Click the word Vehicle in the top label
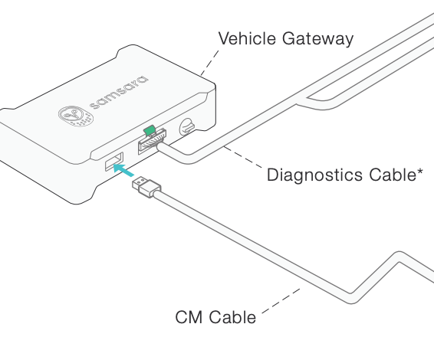pyautogui.click(x=245, y=39)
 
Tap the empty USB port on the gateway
pyautogui.click(x=113, y=162)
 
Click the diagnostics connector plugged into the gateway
pyautogui.click(x=152, y=142)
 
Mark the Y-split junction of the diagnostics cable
pyautogui.click(x=307, y=100)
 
